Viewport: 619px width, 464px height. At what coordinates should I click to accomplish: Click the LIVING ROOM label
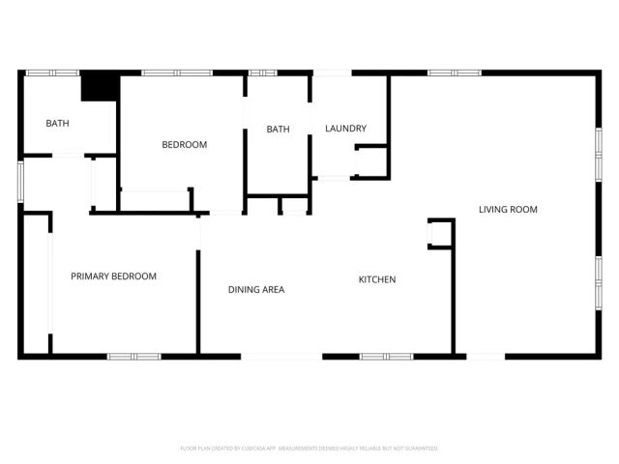pos(508,209)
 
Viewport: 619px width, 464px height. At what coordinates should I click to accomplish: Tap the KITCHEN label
pos(377,279)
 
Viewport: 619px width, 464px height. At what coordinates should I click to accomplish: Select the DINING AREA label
pos(256,289)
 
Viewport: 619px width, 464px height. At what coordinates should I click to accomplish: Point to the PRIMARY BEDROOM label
pos(113,276)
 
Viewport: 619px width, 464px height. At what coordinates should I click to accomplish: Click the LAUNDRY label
pos(345,129)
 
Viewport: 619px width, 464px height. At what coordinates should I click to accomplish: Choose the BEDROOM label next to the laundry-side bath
pos(184,145)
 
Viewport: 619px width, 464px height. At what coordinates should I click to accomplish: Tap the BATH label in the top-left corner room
pos(58,123)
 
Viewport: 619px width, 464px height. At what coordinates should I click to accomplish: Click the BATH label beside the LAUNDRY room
pos(279,130)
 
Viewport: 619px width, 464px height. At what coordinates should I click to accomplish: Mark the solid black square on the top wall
pos(97,86)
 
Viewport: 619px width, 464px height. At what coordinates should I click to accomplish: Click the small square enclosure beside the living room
pos(440,234)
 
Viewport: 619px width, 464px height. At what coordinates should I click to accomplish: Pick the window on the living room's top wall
pos(455,72)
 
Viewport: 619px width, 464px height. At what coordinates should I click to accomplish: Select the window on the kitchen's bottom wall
pos(386,356)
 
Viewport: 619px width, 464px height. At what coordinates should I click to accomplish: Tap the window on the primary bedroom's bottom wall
pos(133,356)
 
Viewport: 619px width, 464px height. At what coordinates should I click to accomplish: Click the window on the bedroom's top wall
pos(176,72)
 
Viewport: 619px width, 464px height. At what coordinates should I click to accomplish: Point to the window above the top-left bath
pos(51,72)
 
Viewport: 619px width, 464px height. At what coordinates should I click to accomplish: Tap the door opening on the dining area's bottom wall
pos(281,356)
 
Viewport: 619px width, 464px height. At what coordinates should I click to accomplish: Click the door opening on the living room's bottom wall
pos(486,356)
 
